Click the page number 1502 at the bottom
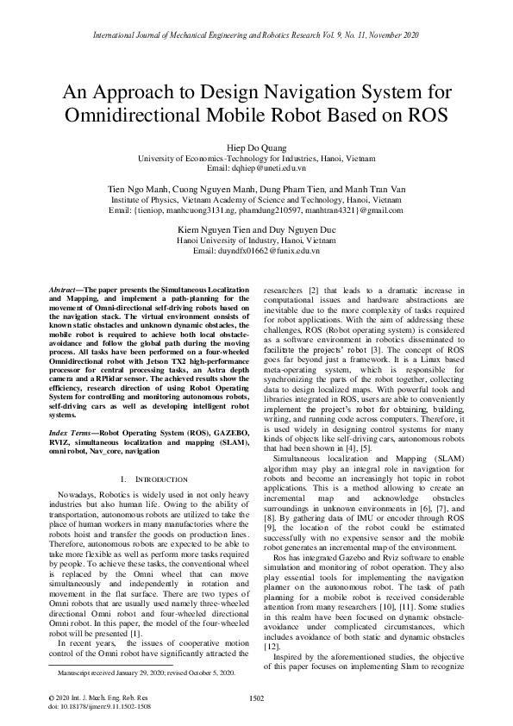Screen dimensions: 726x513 [256, 698]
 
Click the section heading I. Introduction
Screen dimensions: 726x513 [144, 479]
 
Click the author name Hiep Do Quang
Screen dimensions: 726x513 [256, 147]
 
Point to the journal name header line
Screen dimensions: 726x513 [256, 36]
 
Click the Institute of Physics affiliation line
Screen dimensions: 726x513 [256, 199]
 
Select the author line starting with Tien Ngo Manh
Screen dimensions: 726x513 [256, 189]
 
